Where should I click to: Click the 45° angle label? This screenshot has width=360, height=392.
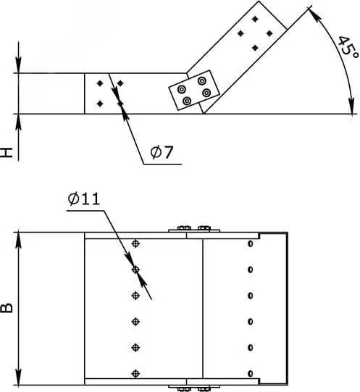click(348, 49)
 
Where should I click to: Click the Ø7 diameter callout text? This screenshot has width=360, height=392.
click(162, 151)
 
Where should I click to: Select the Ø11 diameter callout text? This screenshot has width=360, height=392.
click(84, 199)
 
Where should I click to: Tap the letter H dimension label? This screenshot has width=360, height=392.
click(7, 152)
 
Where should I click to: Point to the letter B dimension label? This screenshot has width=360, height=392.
click(7, 308)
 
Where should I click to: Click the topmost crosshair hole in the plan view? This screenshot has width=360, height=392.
click(135, 243)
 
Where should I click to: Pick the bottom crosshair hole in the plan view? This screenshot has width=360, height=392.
click(135, 373)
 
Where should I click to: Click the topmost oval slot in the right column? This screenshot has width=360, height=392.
click(250, 243)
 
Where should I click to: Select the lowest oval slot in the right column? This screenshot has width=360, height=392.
click(250, 373)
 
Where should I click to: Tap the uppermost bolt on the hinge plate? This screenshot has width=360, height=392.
click(202, 81)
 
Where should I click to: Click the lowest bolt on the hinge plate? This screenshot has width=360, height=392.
click(187, 101)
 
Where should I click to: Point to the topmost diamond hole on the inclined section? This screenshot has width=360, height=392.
click(255, 19)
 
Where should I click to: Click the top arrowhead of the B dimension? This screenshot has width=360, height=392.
click(19, 241)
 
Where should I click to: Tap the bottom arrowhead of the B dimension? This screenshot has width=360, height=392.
click(19, 377)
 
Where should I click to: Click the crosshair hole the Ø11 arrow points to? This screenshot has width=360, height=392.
click(135, 270)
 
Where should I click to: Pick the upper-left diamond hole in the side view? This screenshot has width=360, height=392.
click(100, 83)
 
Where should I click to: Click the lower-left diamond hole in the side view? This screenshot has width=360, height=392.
click(100, 103)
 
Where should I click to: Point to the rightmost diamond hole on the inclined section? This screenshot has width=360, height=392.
click(269, 33)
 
